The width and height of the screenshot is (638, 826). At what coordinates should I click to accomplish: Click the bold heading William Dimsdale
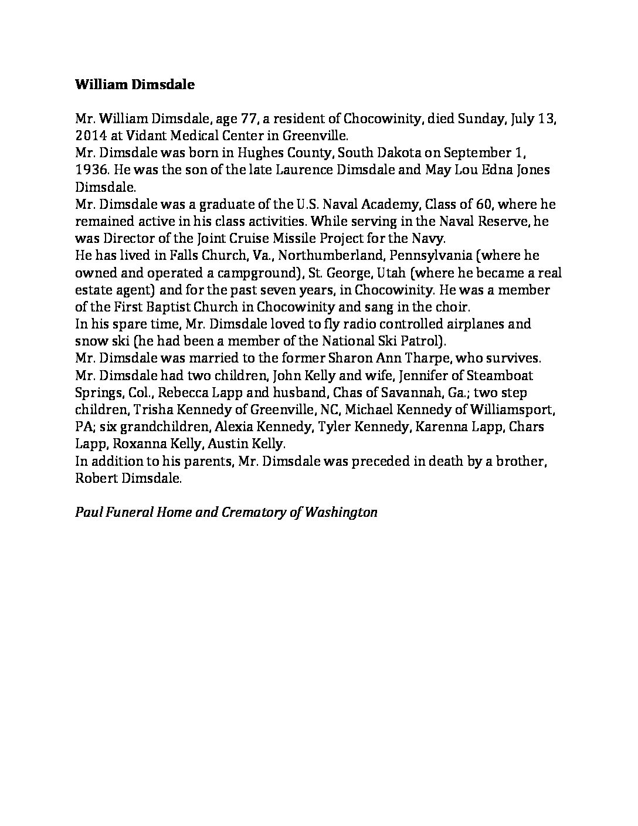135,84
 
